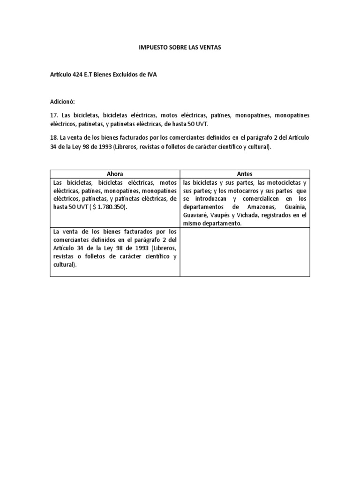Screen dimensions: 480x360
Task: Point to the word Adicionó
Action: [x=62, y=102]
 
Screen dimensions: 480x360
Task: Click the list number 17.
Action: [x=54, y=115]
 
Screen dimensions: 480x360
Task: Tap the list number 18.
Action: [x=54, y=138]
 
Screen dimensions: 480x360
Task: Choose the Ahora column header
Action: [x=115, y=174]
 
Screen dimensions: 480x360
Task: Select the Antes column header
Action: [x=245, y=174]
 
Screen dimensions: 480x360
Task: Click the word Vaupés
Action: [x=223, y=216]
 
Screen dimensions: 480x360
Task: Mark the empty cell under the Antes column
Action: [x=245, y=252]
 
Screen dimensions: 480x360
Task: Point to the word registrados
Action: [x=283, y=216]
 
